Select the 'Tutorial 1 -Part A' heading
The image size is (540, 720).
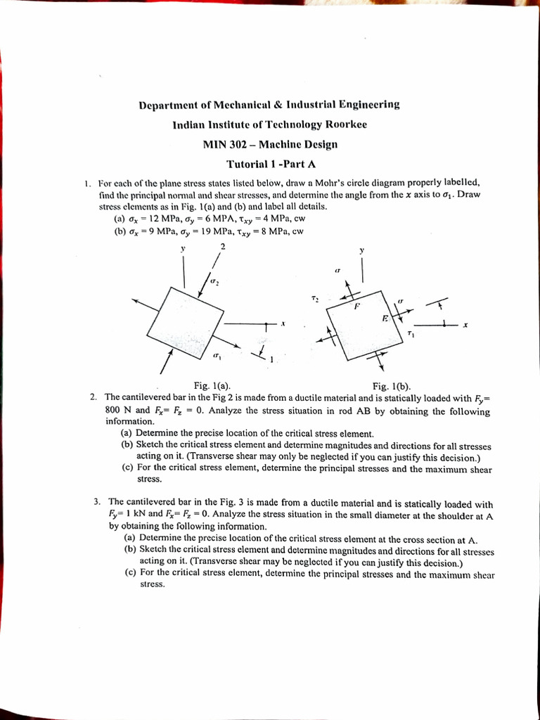[269, 164]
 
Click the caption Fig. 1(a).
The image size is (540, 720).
[212, 385]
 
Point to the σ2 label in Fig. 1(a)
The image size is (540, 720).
[216, 282]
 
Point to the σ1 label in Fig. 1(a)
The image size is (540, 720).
[217, 356]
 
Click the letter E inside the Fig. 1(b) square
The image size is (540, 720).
[385, 319]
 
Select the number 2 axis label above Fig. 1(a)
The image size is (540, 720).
[222, 246]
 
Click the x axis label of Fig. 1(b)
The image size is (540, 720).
[465, 324]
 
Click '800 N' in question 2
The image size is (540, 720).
[117, 410]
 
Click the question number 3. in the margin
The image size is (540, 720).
[97, 502]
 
